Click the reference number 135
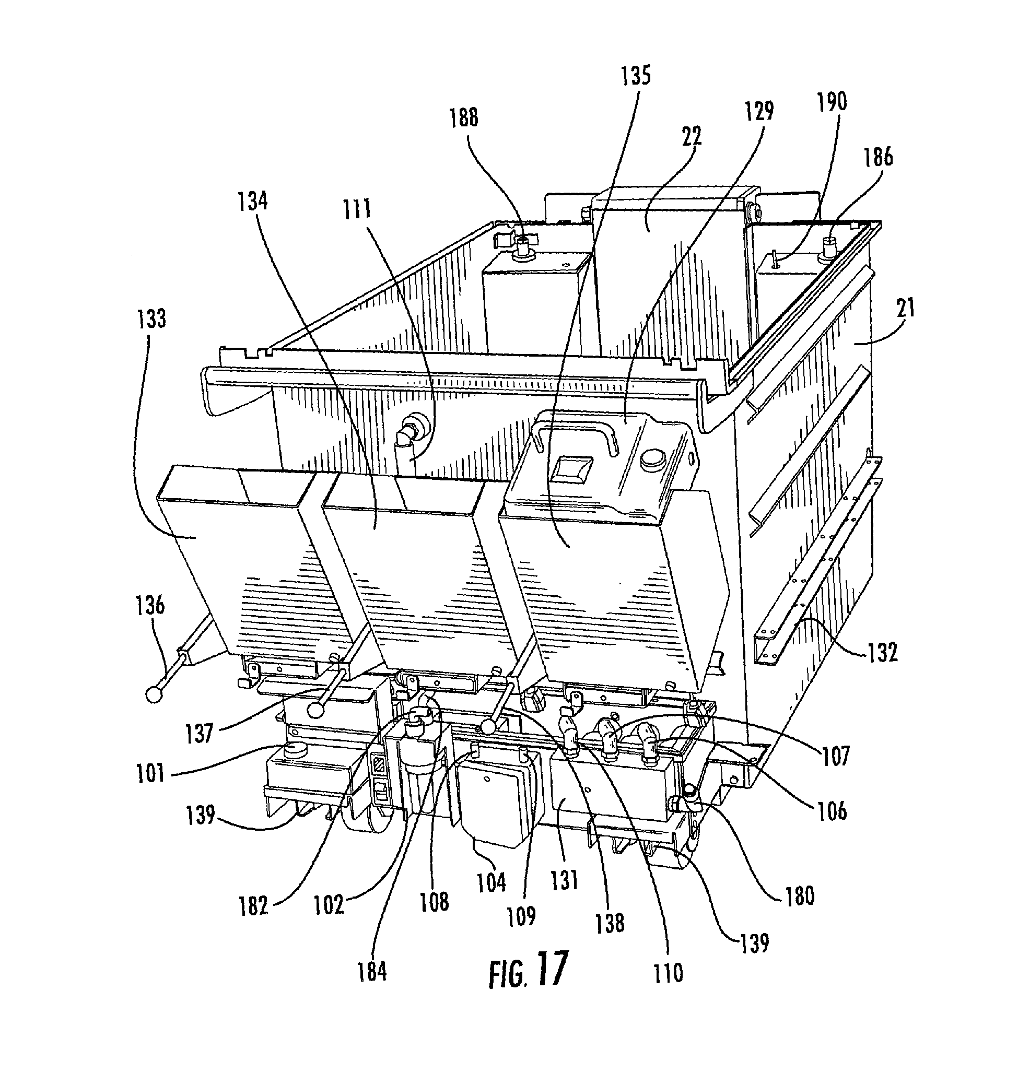pos(636,75)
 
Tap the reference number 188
pos(464,117)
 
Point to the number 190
pos(832,101)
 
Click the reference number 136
pos(150,605)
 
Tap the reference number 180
pos(799,896)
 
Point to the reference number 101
pos(150,772)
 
